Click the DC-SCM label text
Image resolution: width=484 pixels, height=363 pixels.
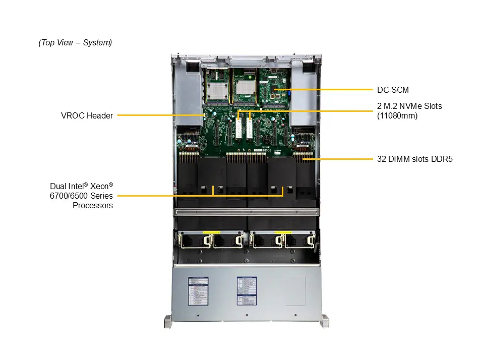393,90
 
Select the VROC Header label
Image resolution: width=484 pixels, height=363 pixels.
87,115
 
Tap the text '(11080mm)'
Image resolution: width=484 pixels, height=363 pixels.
397,115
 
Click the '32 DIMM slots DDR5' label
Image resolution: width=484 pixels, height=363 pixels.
415,159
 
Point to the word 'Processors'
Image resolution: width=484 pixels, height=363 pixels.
93,205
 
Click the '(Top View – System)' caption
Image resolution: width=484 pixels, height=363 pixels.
75,43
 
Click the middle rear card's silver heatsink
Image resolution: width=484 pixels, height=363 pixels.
244,86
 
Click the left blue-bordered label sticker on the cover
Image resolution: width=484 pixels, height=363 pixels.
198,291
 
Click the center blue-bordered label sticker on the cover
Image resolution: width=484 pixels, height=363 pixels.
247,291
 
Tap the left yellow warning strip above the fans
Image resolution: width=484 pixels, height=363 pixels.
211,232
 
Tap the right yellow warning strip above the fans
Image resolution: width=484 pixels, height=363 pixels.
283,232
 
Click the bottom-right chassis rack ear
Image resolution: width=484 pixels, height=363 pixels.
325,321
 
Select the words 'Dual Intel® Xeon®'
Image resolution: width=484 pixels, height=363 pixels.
82,186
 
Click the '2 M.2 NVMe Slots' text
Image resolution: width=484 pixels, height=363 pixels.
409,106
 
